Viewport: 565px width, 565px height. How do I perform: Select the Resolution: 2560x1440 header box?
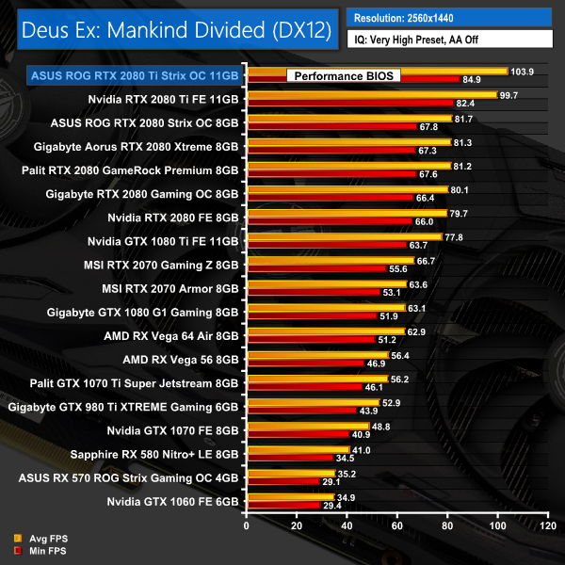coord(448,17)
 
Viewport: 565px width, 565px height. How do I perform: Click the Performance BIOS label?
coord(343,75)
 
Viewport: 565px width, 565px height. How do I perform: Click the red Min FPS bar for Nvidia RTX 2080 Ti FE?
coord(349,102)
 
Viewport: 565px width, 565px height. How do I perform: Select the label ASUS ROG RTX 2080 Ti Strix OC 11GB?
coord(135,74)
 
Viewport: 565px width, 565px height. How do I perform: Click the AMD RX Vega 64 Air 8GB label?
coord(171,334)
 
